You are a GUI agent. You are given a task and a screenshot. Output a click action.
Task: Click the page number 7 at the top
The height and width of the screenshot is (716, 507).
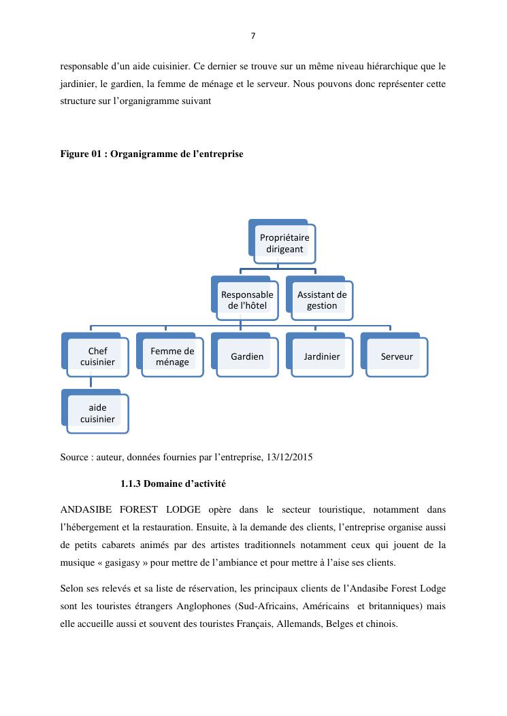pyautogui.click(x=253, y=36)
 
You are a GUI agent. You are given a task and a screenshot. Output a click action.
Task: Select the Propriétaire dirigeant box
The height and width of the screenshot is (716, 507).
pyautogui.click(x=284, y=243)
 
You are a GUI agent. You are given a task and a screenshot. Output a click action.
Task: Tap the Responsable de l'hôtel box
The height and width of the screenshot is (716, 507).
pyautogui.click(x=247, y=300)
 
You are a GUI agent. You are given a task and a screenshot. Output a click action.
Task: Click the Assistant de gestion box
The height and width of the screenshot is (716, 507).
pyautogui.click(x=322, y=300)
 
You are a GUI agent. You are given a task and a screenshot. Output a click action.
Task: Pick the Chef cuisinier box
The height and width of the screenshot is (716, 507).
pyautogui.click(x=97, y=356)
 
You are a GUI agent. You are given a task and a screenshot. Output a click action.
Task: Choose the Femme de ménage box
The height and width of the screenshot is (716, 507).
pyautogui.click(x=172, y=356)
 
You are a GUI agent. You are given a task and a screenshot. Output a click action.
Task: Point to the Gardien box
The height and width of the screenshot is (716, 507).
pyautogui.click(x=247, y=356)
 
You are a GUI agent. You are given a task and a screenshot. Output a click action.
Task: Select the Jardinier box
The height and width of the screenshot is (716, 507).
pyautogui.click(x=322, y=356)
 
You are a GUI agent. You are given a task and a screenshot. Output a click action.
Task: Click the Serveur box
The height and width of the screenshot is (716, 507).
pyautogui.click(x=397, y=356)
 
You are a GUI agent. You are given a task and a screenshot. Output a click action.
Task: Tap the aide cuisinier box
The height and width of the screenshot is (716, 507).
pyautogui.click(x=97, y=413)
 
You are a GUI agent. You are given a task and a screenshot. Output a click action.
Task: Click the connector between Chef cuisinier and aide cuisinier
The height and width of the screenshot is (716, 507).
pyautogui.click(x=91, y=383)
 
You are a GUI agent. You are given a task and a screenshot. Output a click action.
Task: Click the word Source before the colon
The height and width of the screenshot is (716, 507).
pyautogui.click(x=75, y=457)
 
